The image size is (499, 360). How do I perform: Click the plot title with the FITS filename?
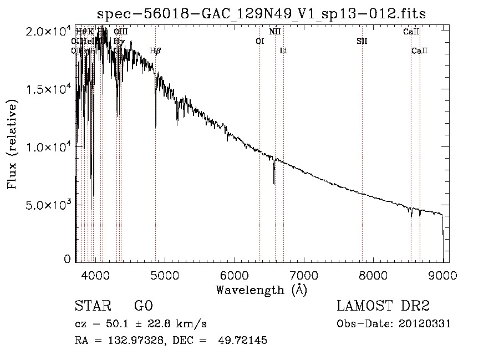[x=261, y=13]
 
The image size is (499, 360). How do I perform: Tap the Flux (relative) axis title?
[x=12, y=144]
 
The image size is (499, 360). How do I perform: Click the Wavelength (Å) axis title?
[x=261, y=290]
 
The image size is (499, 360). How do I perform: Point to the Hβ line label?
[x=155, y=51]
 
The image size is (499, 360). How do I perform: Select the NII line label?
[x=274, y=32]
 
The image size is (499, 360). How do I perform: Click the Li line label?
[x=283, y=51]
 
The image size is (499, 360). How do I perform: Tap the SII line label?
[x=362, y=42]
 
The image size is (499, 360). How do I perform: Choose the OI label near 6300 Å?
[x=259, y=42]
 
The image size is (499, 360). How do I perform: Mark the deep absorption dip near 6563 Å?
[x=274, y=182]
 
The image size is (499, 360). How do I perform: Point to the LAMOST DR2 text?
[x=383, y=306]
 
